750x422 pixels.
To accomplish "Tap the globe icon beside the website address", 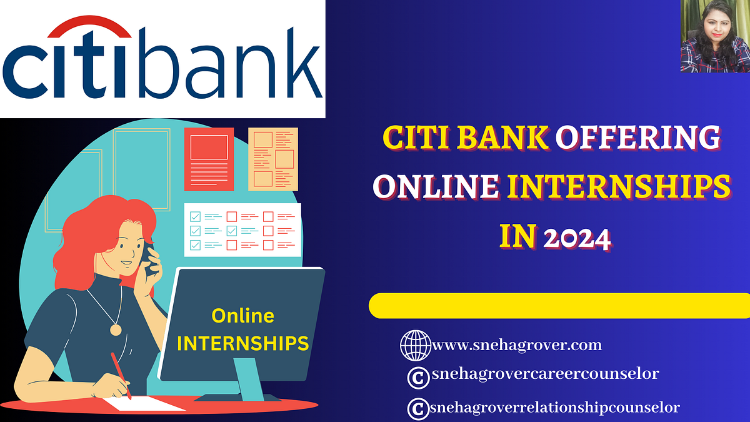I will [x=415, y=344].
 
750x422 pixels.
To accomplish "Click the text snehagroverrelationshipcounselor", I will [x=554, y=407].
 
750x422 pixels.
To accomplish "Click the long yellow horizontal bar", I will [x=559, y=306].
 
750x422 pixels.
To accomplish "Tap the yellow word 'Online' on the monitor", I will [x=242, y=316].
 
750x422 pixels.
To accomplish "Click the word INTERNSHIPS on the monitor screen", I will [x=242, y=343].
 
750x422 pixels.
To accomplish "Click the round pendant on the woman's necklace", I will [x=116, y=329].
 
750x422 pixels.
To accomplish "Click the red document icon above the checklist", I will [x=209, y=159].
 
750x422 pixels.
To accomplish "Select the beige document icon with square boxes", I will [x=273, y=159].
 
